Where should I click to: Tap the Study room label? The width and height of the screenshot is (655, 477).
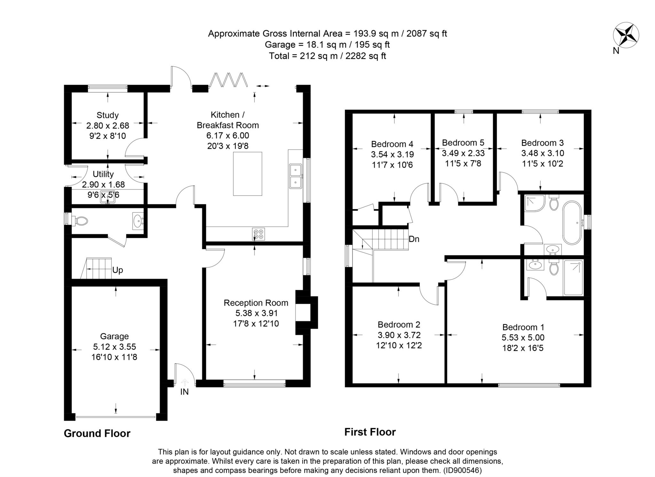point(107,115)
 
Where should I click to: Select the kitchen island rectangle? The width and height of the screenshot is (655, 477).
point(247,174)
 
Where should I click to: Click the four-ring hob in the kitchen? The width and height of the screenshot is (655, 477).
point(258,234)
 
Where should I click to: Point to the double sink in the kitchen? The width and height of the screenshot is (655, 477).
point(296,176)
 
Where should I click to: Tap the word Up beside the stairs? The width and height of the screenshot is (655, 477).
point(117,270)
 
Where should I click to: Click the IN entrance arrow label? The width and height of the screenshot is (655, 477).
point(185,391)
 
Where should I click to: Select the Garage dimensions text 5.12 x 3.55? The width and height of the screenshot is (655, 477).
point(114,347)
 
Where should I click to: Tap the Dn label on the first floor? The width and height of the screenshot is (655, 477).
point(414,239)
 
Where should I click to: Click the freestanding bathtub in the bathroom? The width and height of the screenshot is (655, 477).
point(572,223)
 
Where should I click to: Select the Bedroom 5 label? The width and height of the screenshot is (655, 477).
point(463,142)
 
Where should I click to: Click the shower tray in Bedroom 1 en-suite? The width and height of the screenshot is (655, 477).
point(573,278)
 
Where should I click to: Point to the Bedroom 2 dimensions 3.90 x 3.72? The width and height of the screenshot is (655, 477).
point(399,335)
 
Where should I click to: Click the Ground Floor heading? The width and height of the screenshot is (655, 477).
point(97,434)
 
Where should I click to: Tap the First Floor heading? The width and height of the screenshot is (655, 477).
point(370,432)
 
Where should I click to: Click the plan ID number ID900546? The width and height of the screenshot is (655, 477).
point(462,470)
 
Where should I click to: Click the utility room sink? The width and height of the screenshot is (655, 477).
point(107,197)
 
